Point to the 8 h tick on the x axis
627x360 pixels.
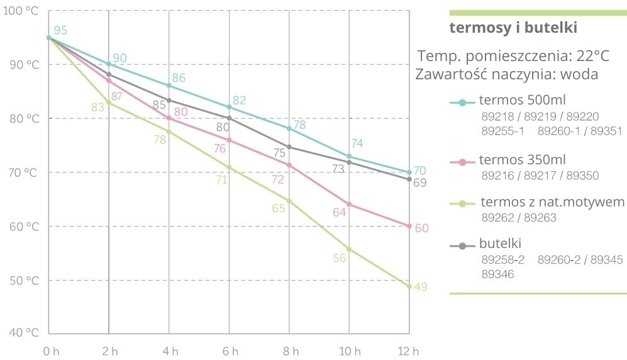(289, 350)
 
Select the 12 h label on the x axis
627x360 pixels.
(410, 350)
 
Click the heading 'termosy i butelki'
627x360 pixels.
(513, 28)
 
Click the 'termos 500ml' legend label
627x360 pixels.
(513, 101)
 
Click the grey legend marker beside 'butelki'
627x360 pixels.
(462, 245)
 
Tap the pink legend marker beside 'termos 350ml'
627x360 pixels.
(462, 162)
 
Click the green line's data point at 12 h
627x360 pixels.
(409, 286)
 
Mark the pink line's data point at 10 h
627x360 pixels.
(349, 205)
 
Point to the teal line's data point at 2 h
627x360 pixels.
(109, 64)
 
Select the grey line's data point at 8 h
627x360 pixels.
(289, 147)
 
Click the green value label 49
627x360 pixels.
(421, 288)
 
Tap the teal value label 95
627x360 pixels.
(60, 30)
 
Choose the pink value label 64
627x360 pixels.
(340, 213)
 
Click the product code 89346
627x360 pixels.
(497, 274)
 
